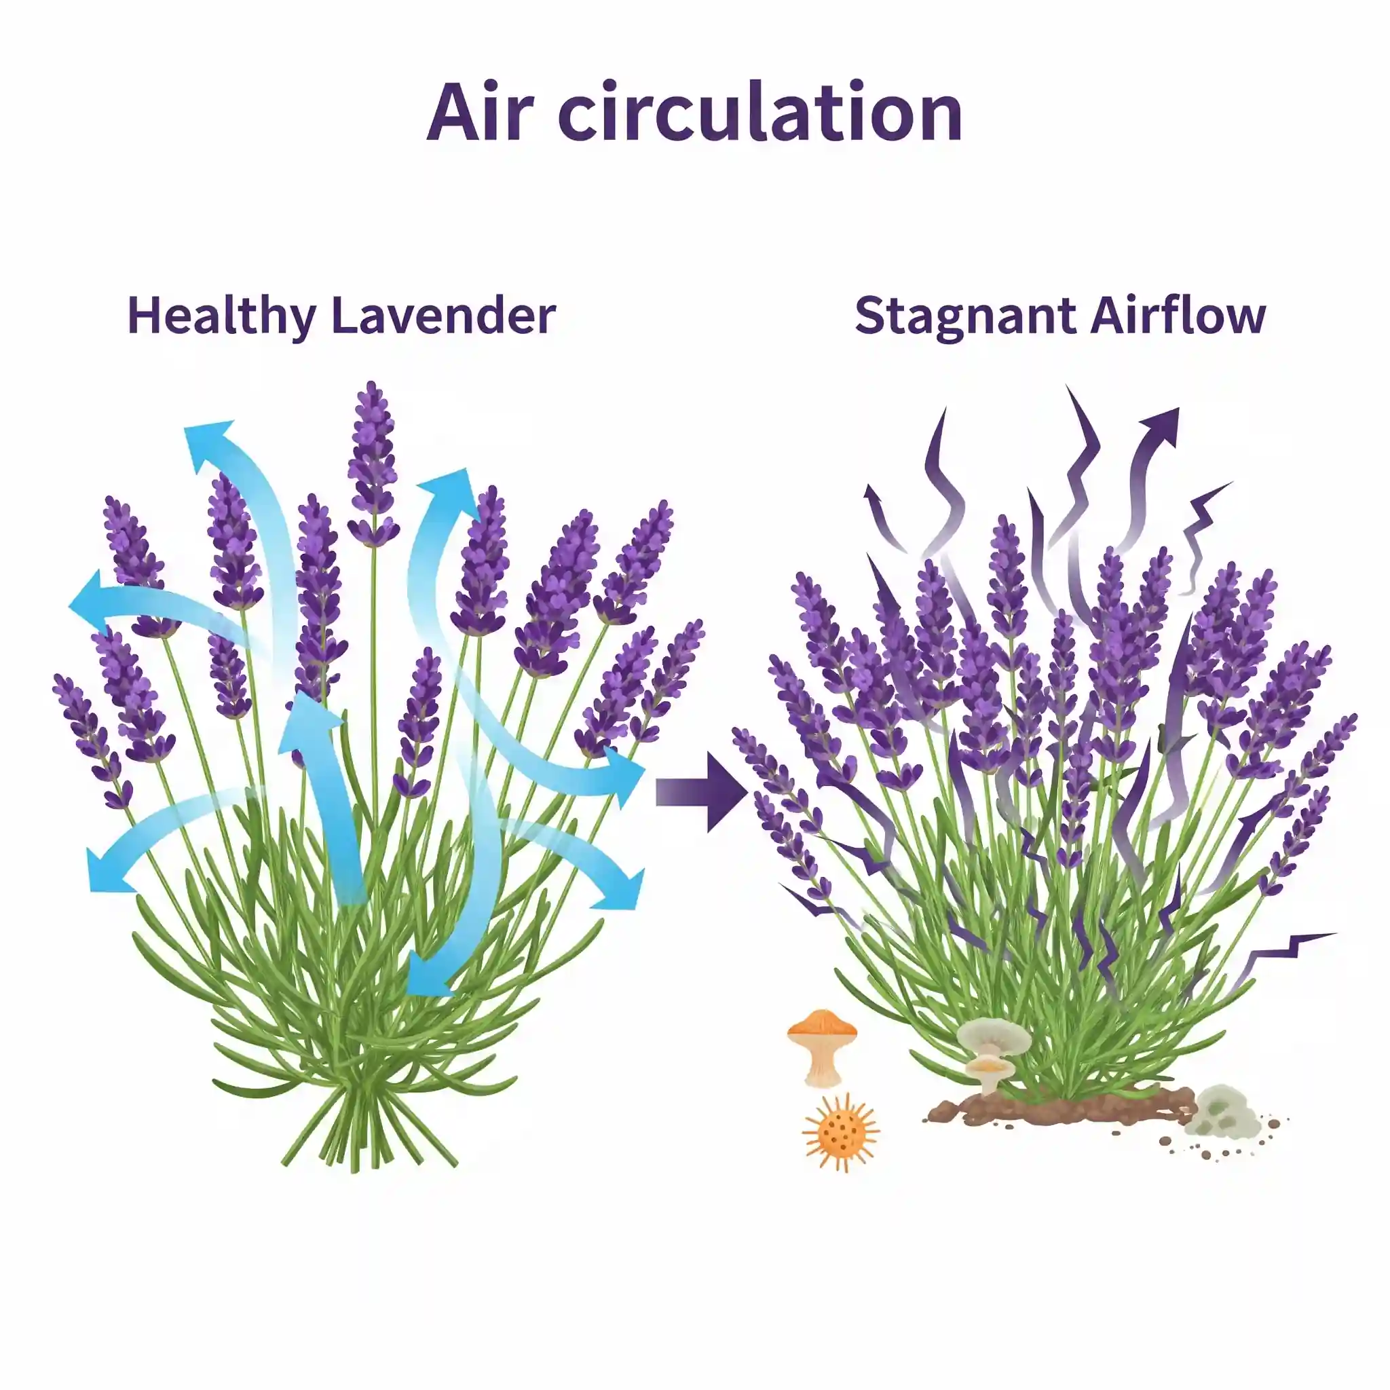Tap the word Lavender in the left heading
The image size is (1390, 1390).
(443, 316)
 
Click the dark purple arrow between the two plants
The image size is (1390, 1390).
(702, 791)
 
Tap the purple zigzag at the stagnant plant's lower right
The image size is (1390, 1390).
(1288, 950)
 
